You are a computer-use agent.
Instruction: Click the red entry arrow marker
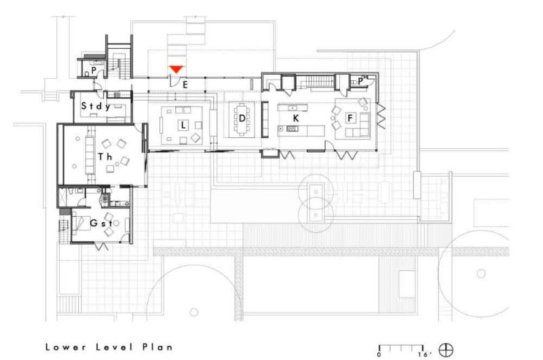click(x=176, y=69)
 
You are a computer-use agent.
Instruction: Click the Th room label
click(x=105, y=156)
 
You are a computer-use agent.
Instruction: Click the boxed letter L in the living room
click(x=182, y=126)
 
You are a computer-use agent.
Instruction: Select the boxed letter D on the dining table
click(x=242, y=118)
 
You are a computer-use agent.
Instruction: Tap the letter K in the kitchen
click(x=296, y=118)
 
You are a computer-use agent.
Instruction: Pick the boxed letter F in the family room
click(x=350, y=118)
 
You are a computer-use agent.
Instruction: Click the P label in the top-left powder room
click(x=94, y=69)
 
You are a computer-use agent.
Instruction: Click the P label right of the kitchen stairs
click(x=361, y=81)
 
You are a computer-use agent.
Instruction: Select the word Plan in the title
click(x=157, y=346)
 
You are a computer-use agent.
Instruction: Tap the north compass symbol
click(x=446, y=350)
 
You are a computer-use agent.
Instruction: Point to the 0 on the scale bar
click(x=379, y=354)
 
